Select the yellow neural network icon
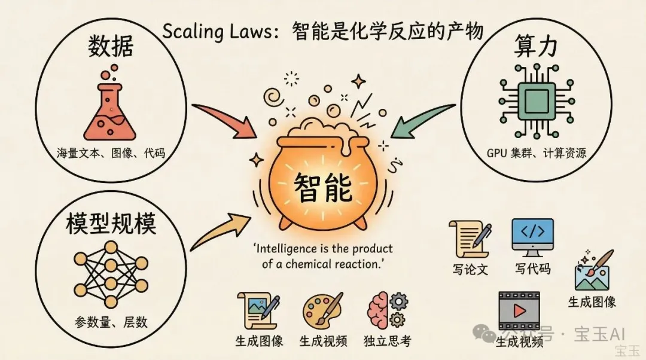111,274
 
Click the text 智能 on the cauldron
323,187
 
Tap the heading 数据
111,45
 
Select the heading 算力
535,45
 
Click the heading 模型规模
111,224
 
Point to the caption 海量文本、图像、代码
111,153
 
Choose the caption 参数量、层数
111,322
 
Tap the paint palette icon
322,310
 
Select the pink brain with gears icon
387,310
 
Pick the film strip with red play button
519,311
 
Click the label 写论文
470,269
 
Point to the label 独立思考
387,341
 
